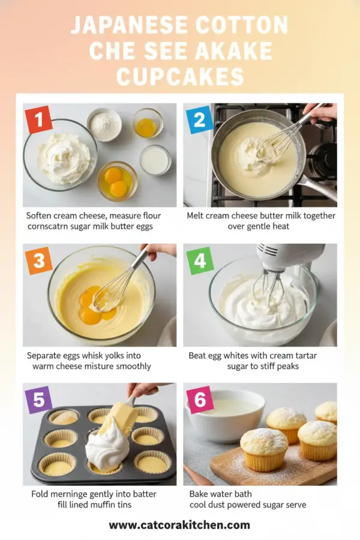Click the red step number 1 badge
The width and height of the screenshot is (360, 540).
coord(39,119)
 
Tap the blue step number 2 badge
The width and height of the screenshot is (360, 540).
coord(199,119)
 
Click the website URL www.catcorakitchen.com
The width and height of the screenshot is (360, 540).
coord(179,525)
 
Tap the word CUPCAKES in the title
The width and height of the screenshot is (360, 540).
coord(180,76)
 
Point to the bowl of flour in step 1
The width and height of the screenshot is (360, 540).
coord(104,125)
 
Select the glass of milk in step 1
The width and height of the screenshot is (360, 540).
coord(155,160)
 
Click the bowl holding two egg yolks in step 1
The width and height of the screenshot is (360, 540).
coord(118,181)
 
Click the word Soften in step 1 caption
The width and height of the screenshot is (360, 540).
coord(41,215)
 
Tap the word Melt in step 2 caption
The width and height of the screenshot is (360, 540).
coord(197,215)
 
